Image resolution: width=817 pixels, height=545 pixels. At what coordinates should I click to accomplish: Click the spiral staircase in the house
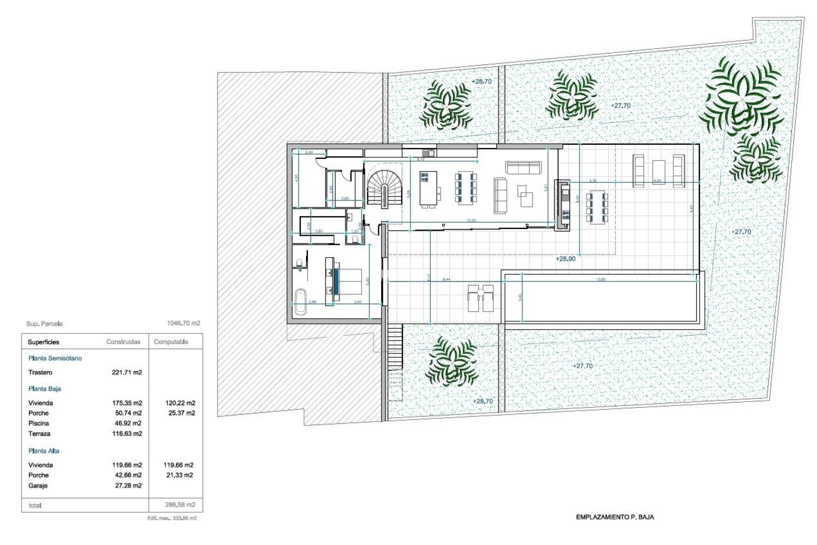click(x=385, y=187)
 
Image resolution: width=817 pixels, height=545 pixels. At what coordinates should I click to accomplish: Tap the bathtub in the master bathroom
click(x=300, y=301)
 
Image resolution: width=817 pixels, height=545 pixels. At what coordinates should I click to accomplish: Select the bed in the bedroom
click(x=348, y=281)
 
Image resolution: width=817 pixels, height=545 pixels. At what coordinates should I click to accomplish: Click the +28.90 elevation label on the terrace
click(x=566, y=259)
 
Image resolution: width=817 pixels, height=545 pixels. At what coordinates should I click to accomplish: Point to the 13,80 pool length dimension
click(x=601, y=280)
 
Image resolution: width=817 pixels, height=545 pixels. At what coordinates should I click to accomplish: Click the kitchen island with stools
click(x=429, y=189)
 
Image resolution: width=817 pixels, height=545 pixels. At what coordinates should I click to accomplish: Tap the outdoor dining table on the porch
click(x=597, y=208)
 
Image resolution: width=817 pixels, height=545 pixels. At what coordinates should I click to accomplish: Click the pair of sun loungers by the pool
click(x=480, y=298)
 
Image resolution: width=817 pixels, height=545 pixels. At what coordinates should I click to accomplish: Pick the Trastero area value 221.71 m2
click(x=127, y=373)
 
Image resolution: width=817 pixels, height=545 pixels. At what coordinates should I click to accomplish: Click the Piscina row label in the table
click(x=39, y=423)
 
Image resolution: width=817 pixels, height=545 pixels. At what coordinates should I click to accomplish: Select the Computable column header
click(x=171, y=342)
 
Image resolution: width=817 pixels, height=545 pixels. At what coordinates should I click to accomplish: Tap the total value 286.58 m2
click(x=180, y=505)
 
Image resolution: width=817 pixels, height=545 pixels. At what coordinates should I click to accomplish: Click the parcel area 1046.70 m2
click(x=183, y=323)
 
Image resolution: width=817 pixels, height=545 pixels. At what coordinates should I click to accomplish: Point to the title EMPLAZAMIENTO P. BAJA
click(x=615, y=517)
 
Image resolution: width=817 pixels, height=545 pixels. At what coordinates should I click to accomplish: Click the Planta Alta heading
click(x=44, y=451)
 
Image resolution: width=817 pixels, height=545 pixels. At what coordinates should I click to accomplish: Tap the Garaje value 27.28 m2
click(x=129, y=485)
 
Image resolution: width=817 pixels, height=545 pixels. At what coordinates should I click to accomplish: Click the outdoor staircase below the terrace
click(x=395, y=347)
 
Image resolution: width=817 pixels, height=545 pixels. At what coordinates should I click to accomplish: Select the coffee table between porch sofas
click(x=659, y=172)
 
